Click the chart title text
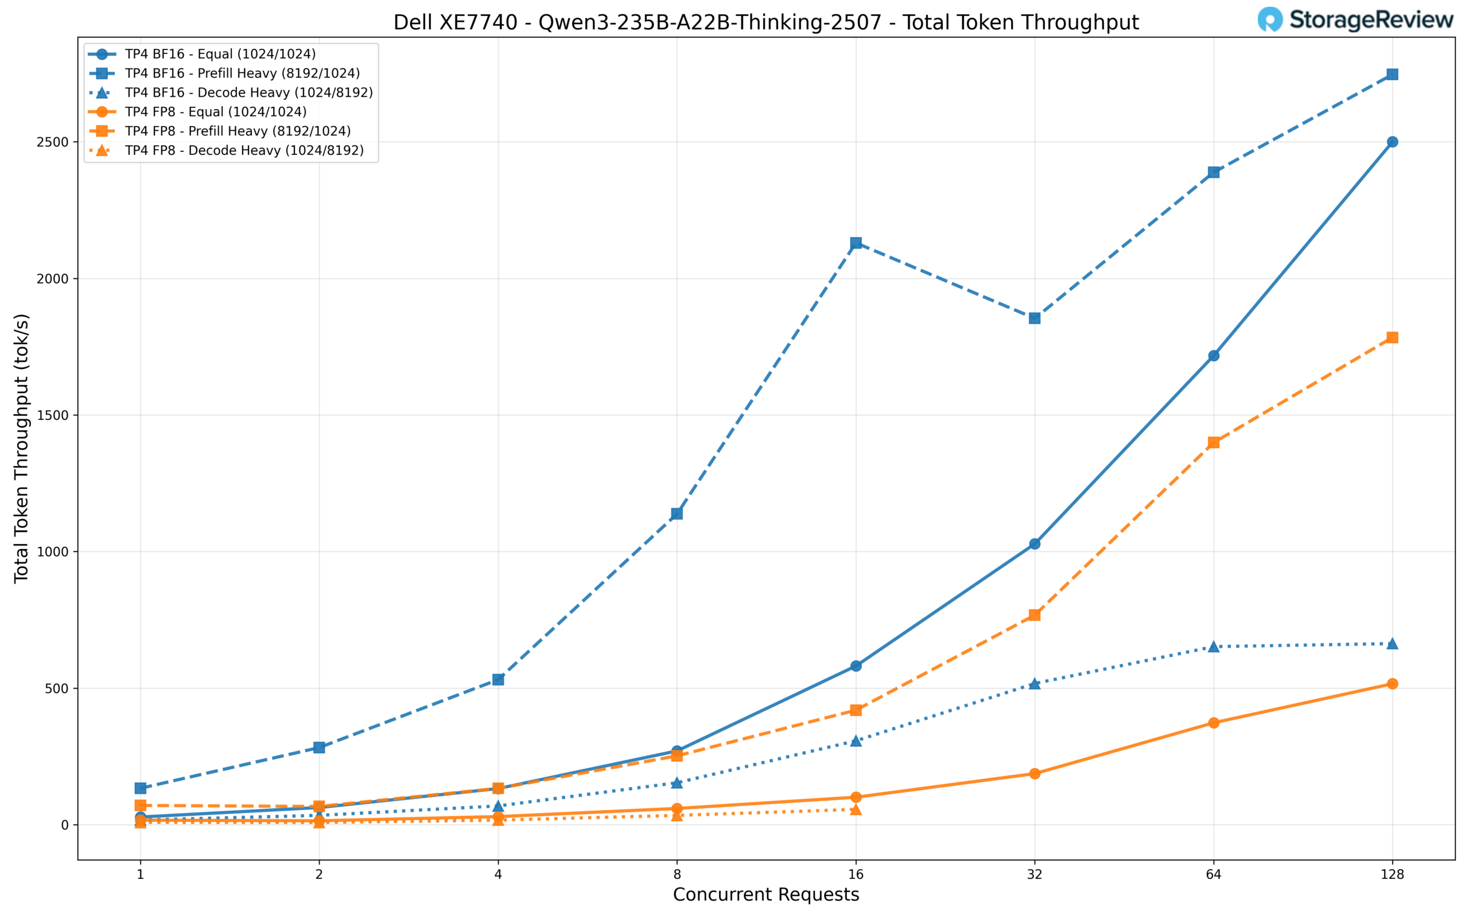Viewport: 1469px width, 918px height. click(x=765, y=22)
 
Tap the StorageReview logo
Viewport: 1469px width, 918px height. click(x=1355, y=20)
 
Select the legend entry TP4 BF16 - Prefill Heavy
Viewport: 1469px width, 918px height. click(x=242, y=73)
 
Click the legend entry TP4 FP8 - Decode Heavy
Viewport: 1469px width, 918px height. click(x=244, y=150)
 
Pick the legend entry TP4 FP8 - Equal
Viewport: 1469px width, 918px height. click(x=216, y=112)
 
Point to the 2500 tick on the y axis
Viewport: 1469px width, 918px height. click(x=53, y=142)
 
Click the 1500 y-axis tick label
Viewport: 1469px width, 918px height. click(x=53, y=415)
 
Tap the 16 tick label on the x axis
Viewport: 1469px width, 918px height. click(x=856, y=875)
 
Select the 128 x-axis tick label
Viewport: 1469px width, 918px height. click(x=1392, y=875)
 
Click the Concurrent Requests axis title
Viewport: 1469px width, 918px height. click(x=765, y=895)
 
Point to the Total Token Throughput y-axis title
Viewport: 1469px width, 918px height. click(x=22, y=448)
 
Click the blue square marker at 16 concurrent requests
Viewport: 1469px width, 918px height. click(x=856, y=243)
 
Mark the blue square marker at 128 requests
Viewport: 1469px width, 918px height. click(x=1392, y=75)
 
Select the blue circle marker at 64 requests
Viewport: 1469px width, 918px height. click(x=1214, y=356)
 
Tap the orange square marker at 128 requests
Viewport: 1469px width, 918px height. click(x=1392, y=337)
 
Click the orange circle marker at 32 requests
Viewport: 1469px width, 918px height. click(x=1035, y=773)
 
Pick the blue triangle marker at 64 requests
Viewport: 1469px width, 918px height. click(x=1214, y=647)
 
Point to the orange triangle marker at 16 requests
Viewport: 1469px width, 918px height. click(x=856, y=810)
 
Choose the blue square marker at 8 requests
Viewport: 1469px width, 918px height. click(x=677, y=514)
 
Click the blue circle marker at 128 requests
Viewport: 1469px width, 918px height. click(x=1392, y=142)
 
